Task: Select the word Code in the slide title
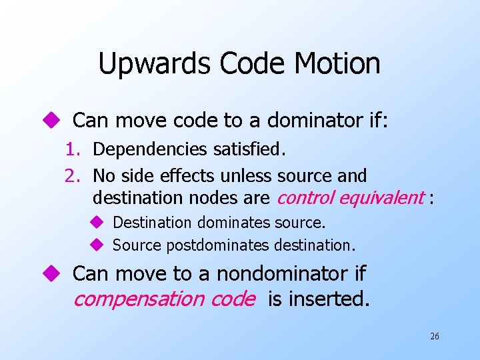pos(241,64)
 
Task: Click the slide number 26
pos(434,337)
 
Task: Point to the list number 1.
pos(73,150)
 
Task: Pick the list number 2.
pos(72,176)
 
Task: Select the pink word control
pos(305,198)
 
